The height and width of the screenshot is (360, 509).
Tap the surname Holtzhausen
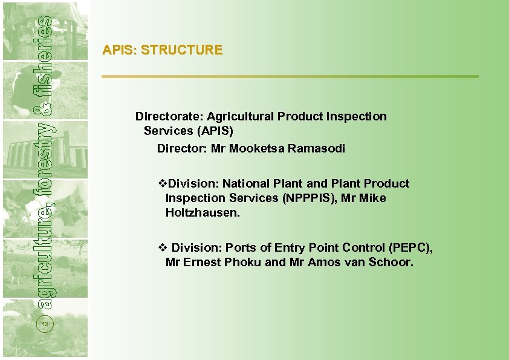203,213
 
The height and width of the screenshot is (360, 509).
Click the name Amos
325,263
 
